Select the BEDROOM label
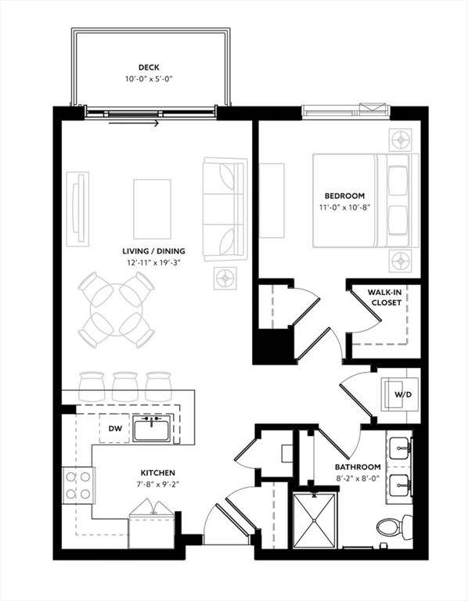coord(345,196)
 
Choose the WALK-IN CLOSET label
coord(384,297)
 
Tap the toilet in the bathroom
coord(388,527)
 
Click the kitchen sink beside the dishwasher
coord(152,429)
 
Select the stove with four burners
coord(78,484)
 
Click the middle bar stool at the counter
coord(125,384)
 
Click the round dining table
coord(116,311)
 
